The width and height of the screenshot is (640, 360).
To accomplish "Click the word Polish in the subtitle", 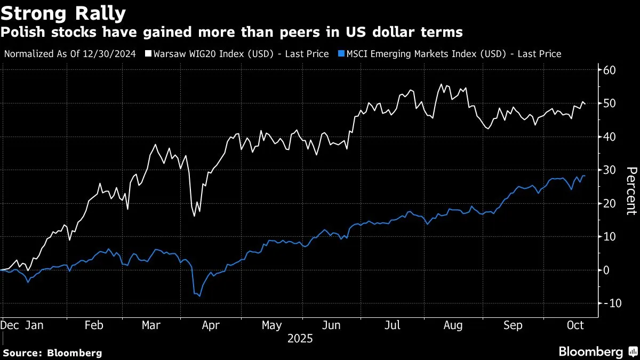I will tap(22, 33).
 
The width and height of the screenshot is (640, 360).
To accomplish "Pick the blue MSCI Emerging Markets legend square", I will tap(341, 54).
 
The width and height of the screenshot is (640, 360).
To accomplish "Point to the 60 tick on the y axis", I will tap(610, 70).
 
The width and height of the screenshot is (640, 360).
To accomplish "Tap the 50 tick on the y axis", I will tap(610, 103).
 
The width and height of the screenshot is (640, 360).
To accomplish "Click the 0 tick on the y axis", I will tap(607, 270).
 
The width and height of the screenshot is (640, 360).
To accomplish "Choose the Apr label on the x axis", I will tap(211, 325).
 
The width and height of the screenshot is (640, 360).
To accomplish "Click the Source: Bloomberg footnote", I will tap(52, 353).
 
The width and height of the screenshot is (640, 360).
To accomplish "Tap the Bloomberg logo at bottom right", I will tap(597, 351).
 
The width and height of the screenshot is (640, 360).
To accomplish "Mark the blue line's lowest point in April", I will tap(200, 296).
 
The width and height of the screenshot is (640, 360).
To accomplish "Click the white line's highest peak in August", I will tap(441, 84).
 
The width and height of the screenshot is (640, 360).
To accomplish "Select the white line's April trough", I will tap(195, 216).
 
